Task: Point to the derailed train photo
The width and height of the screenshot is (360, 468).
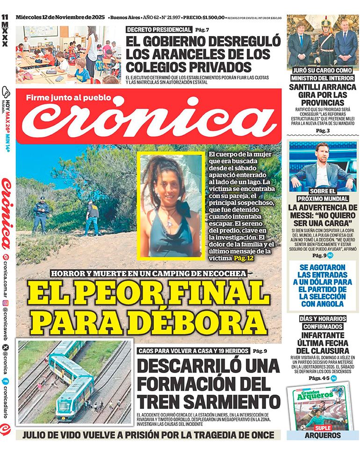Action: (x=75, y=381)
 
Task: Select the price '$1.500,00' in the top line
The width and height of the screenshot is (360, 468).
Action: (x=219, y=18)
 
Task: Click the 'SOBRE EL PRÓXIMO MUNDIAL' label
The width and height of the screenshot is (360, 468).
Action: (x=323, y=195)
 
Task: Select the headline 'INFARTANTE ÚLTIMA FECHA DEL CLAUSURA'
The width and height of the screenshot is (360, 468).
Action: (x=323, y=343)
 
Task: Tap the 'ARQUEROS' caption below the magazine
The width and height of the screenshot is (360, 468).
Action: (x=323, y=436)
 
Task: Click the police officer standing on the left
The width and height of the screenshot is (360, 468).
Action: (x=41, y=213)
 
